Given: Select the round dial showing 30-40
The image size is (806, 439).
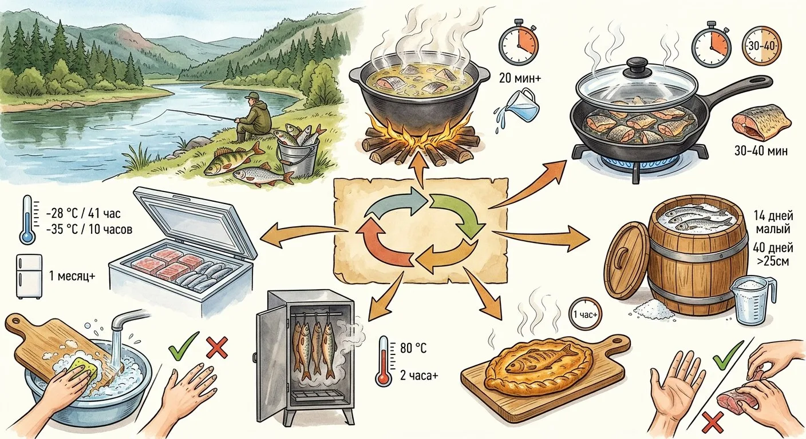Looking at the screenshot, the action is [762, 46].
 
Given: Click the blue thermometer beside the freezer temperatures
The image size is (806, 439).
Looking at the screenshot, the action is [27, 220].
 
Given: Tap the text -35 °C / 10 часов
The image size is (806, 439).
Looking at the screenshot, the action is [89, 230].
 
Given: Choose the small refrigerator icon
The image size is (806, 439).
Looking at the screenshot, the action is [29, 276].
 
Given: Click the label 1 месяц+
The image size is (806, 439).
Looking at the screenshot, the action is [72, 276].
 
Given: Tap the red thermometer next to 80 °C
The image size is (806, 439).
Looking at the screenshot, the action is [384, 361].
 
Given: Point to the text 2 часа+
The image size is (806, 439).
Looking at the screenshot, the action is [419, 376].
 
